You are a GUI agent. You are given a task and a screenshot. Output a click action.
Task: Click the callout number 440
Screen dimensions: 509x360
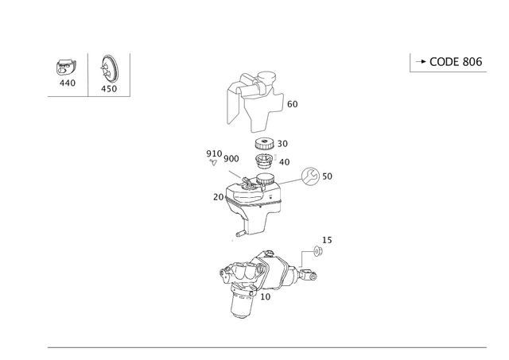(68, 83)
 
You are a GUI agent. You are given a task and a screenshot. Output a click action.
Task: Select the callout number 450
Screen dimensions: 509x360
(109, 88)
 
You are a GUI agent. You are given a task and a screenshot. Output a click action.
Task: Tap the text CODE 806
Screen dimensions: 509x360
(456, 62)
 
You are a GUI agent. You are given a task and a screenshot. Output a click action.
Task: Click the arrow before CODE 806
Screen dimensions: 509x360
(421, 61)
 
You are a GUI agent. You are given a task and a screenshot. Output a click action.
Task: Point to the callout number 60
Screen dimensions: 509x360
(293, 104)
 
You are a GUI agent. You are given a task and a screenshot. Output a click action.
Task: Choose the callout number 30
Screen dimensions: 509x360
(282, 144)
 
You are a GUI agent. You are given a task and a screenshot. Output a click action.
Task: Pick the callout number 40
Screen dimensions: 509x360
(285, 162)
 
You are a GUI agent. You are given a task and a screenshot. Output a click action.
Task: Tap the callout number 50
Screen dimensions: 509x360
(327, 176)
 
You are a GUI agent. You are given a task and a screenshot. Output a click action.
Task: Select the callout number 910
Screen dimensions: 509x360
(214, 153)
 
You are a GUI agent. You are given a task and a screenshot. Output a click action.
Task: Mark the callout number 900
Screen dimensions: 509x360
(231, 159)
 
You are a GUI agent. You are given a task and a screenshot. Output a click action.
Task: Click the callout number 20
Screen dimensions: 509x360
(219, 197)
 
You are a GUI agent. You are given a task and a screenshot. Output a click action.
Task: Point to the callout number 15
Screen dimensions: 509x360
(327, 240)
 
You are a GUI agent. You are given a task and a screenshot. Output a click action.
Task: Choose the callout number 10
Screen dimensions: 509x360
(265, 296)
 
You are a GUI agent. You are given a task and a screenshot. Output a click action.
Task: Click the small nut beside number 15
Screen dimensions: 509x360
(317, 251)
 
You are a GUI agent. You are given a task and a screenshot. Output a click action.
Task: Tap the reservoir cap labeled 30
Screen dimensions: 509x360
(265, 144)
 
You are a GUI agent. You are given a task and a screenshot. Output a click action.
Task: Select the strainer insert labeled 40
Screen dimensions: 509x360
(264, 161)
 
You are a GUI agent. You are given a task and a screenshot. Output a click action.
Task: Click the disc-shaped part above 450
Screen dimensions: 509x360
(110, 69)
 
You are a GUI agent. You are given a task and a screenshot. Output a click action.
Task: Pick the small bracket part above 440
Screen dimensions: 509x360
(67, 68)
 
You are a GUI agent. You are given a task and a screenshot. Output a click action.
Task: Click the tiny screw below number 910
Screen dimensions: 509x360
(213, 162)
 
